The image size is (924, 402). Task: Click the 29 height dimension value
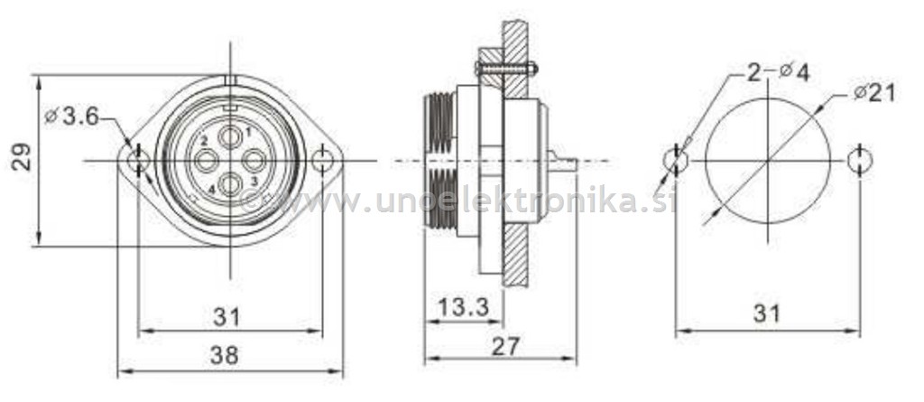point(23,155)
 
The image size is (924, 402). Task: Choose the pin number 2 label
point(205,140)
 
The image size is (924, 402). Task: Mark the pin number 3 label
point(254,182)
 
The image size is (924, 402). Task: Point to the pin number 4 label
point(211,189)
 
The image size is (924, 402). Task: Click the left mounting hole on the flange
point(138,161)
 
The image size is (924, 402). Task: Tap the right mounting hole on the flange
point(323,161)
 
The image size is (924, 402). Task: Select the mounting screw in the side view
point(505,68)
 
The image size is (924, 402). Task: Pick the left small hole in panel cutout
point(676,160)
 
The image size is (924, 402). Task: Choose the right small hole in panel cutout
point(861,160)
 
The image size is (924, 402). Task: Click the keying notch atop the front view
point(230,81)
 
